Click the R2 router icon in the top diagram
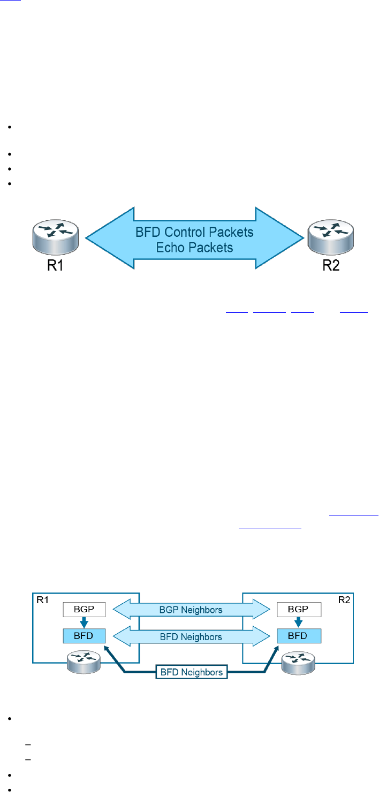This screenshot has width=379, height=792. pyautogui.click(x=330, y=237)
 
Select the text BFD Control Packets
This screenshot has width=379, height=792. pyautogui.click(x=194, y=233)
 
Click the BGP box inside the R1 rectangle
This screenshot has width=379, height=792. pyautogui.click(x=84, y=609)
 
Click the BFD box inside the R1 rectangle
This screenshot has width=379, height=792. pyautogui.click(x=84, y=635)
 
